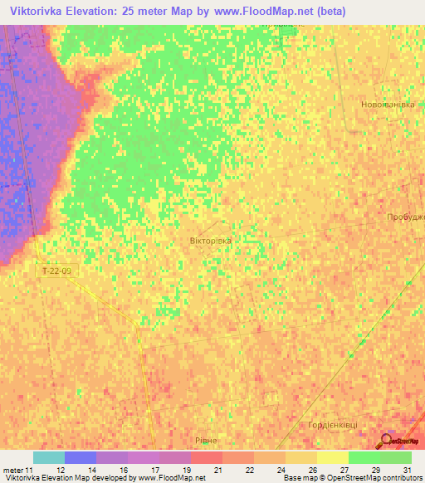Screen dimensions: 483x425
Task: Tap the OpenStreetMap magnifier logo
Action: (387, 442)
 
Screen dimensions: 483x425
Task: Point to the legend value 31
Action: (406, 470)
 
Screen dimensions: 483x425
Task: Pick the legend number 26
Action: (311, 470)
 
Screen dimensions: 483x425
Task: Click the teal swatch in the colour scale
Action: (49, 457)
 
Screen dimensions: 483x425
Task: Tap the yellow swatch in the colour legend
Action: (332, 457)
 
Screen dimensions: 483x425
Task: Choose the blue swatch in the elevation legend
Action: (81, 457)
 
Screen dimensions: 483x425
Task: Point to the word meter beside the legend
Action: (12, 470)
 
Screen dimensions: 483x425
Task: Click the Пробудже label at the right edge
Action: (405, 217)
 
